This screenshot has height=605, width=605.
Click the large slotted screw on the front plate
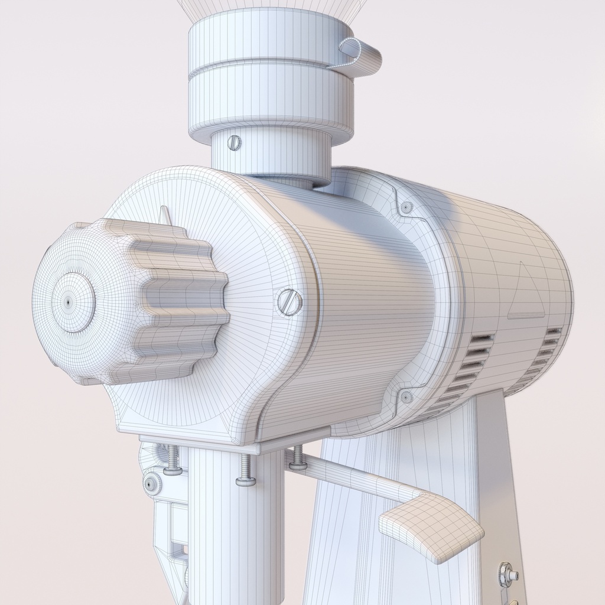pyautogui.click(x=290, y=302)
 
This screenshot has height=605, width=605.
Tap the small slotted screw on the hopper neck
pyautogui.click(x=235, y=142)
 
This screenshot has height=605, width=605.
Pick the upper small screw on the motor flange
pyautogui.click(x=406, y=207)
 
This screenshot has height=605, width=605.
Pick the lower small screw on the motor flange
pyautogui.click(x=406, y=397)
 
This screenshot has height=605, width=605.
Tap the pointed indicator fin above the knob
pyautogui.click(x=165, y=216)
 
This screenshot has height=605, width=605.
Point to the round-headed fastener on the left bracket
pyautogui.click(x=152, y=484)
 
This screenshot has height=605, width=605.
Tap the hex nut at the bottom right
pyautogui.click(x=506, y=573)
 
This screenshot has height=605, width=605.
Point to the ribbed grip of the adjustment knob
pyautogui.click(x=177, y=301)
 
